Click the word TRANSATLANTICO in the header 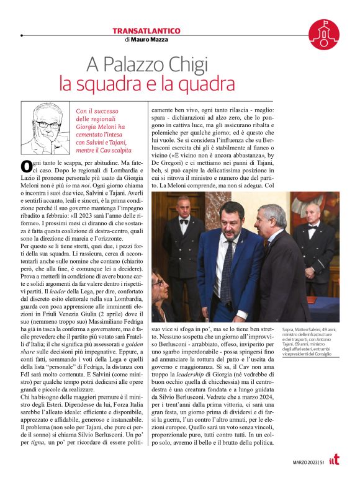coord(146,30)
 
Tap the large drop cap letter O coord(26,166)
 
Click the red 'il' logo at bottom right coord(335,461)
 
